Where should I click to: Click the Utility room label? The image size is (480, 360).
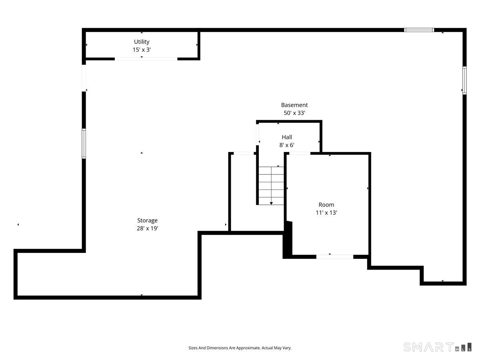tap(142, 42)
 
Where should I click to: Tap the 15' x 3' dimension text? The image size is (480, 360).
tap(142, 50)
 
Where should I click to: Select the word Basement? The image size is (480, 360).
tap(294, 105)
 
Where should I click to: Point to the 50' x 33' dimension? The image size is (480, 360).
tap(294, 113)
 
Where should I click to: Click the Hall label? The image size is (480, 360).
tap(287, 137)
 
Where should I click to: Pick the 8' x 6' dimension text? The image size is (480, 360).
tap(287, 145)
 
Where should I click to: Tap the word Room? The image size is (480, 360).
tap(326, 204)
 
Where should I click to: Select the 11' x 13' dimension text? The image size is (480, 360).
tap(326, 212)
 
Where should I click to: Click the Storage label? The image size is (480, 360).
tap(147, 220)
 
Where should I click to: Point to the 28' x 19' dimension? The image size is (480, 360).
tap(147, 228)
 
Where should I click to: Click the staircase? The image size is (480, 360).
tap(271, 186)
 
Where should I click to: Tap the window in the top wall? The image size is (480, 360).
tap(418, 30)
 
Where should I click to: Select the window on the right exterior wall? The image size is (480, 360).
tap(464, 80)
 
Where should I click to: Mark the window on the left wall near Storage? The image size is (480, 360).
tap(84, 143)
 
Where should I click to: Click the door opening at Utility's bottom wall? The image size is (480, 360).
tap(146, 59)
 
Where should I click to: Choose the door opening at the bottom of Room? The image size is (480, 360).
tap(334, 257)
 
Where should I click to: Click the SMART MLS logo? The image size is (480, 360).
tap(437, 347)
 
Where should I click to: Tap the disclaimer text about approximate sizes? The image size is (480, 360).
tap(240, 348)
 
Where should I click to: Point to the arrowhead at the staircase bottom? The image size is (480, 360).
tap(271, 204)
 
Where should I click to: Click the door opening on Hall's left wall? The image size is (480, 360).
tap(257, 134)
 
